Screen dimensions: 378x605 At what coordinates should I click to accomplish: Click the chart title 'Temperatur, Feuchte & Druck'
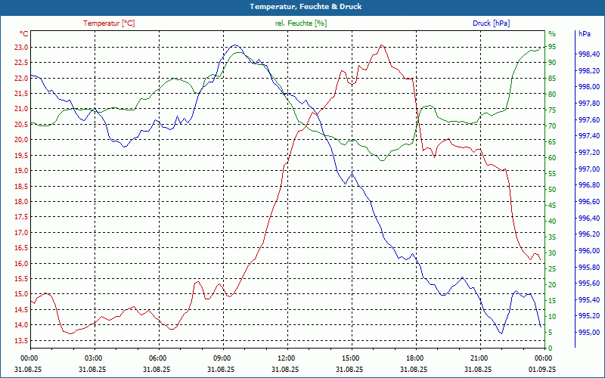302,7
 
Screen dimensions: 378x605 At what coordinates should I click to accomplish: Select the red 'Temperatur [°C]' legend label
109,23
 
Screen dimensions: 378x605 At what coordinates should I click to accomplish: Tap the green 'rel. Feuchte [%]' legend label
301,23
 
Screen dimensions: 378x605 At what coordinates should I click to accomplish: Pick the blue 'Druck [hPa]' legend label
491,23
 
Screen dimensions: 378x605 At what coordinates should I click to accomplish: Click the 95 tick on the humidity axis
552,47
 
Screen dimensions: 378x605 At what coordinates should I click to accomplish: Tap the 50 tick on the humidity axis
552,190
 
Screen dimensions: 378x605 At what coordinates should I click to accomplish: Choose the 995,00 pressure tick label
589,333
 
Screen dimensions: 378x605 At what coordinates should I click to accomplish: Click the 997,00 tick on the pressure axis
589,169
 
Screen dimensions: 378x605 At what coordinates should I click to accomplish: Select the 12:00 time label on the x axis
286,358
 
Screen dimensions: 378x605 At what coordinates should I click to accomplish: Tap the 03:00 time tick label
93,358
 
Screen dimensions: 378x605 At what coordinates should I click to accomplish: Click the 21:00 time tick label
478,358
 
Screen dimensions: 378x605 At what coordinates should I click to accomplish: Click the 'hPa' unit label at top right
584,34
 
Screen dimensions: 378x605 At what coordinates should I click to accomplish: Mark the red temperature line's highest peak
382,45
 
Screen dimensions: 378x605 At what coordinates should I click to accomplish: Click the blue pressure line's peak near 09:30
234,45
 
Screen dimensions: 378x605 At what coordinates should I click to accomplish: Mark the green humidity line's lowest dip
382,160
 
